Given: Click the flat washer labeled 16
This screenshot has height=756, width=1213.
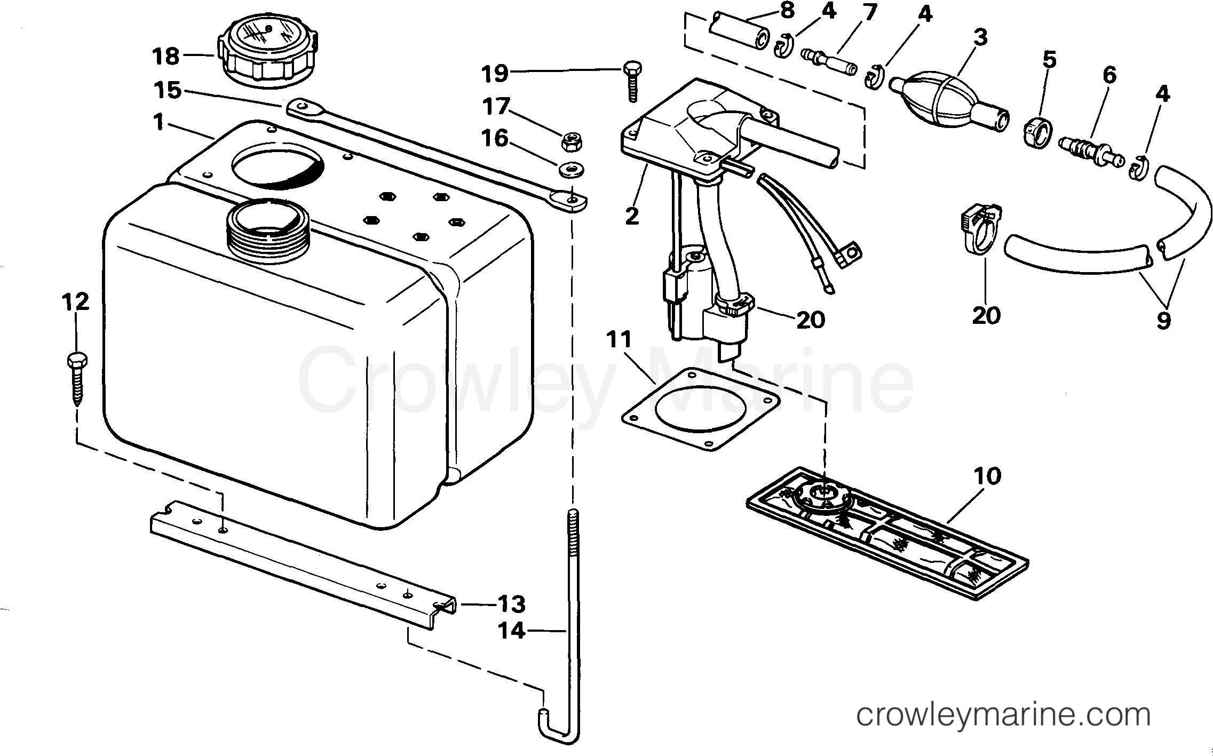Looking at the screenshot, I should (570, 170).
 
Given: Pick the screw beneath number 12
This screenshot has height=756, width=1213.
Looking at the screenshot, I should (75, 379).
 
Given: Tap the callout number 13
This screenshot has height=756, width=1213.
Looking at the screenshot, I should (511, 604).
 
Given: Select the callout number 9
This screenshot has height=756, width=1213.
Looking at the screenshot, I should (1163, 320).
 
